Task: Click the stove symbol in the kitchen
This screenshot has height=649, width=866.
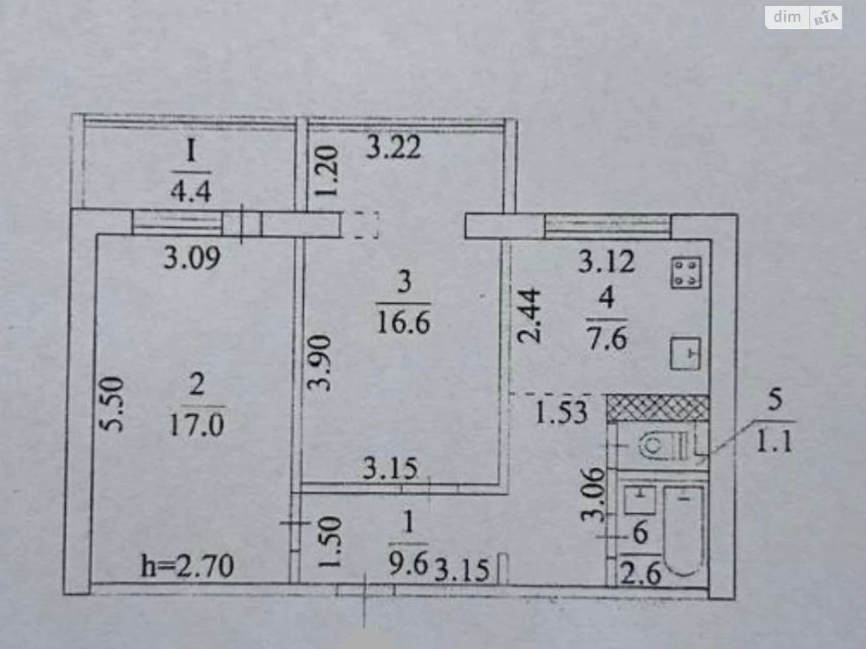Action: click(687, 272)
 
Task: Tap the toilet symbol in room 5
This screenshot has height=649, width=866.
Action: click(663, 446)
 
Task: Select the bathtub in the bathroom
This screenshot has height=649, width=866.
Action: click(684, 531)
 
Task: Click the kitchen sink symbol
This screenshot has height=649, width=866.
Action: click(686, 354)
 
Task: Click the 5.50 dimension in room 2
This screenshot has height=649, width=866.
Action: click(111, 404)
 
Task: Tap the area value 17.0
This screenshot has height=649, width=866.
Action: click(197, 425)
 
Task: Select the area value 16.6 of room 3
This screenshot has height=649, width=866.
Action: click(403, 324)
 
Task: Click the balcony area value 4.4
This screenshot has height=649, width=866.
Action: click(191, 191)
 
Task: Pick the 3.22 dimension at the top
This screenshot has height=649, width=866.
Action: click(393, 147)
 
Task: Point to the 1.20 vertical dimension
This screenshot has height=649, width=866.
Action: click(327, 170)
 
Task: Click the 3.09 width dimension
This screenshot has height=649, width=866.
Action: click(191, 258)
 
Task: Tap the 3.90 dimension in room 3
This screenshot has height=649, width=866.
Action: click(319, 362)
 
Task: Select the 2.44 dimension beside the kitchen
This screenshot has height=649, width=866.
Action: click(528, 316)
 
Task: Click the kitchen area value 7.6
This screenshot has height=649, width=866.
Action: click(607, 339)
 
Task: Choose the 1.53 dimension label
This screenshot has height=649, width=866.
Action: click(561, 412)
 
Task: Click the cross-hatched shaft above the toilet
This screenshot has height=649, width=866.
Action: click(658, 408)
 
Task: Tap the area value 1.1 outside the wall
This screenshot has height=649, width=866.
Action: click(775, 441)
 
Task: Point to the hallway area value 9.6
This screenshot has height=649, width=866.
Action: click(409, 564)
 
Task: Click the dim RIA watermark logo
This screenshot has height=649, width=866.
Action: click(804, 18)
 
